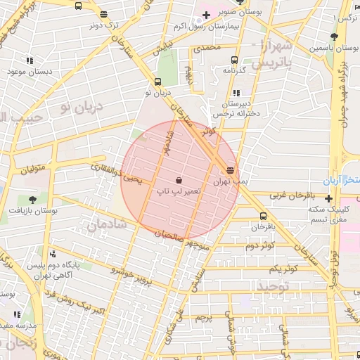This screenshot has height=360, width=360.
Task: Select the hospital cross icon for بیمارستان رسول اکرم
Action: click(205, 15)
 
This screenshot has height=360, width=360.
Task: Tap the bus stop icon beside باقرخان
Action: click(263, 217)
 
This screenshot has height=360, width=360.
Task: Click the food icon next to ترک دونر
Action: click(104, 14)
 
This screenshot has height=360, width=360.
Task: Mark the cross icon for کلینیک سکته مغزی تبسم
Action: click(329, 199)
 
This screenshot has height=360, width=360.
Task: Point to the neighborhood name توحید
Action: click(272, 286)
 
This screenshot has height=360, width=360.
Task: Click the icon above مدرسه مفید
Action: click(17, 314)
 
